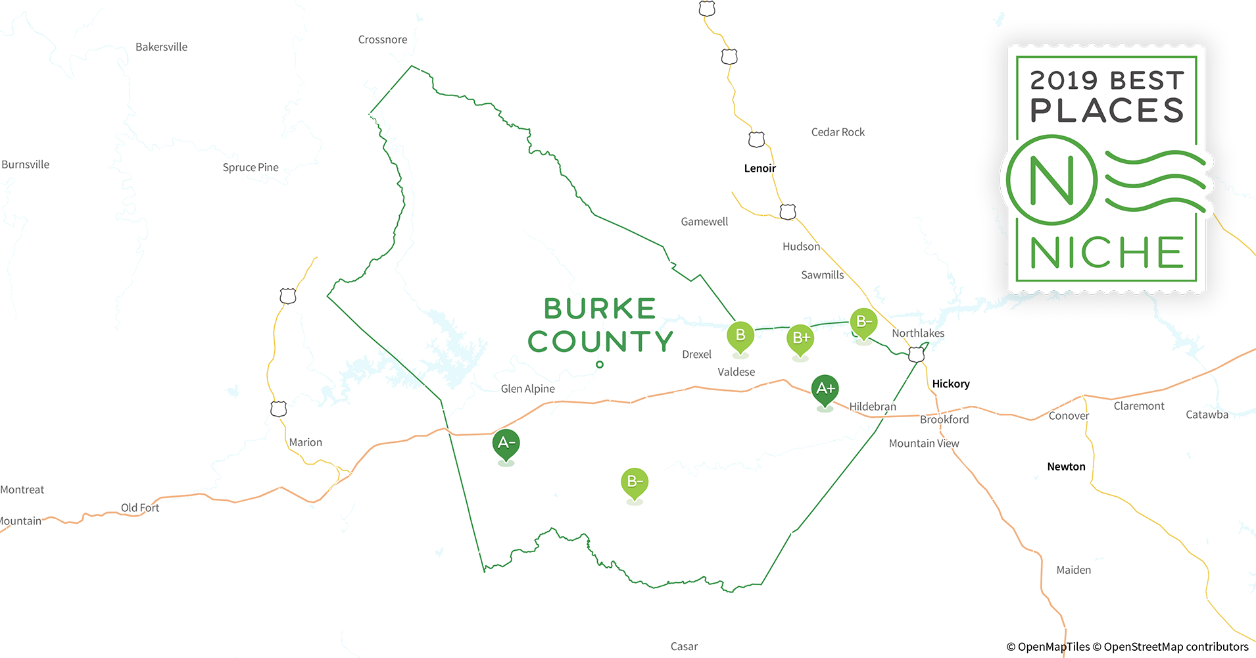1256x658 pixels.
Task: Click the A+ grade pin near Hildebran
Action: tap(825, 389)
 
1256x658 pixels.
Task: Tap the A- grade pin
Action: tap(506, 443)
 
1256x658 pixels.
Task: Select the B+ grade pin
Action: tap(800, 338)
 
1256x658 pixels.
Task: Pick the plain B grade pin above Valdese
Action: tap(740, 336)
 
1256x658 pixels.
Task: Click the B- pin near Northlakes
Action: tap(863, 322)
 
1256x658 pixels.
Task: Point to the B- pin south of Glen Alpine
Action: tap(635, 482)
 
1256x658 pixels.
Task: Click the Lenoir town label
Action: tap(760, 168)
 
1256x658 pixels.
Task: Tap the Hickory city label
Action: tap(950, 384)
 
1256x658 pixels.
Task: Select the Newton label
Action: tap(1066, 467)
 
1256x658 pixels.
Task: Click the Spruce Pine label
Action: tap(251, 168)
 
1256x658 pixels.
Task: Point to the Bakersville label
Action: tap(161, 47)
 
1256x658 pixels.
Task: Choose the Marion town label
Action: tap(306, 442)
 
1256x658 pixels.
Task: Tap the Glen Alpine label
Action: tap(527, 389)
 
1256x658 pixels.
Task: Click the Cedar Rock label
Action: tap(838, 132)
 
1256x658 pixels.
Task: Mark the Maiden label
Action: tap(1073, 570)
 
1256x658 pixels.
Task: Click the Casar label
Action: tap(684, 646)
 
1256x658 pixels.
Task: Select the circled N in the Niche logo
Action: tap(1051, 180)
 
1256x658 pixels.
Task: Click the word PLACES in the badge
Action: tap(1107, 111)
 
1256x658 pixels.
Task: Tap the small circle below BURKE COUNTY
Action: tap(600, 365)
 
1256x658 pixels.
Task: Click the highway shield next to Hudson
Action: tap(787, 212)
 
